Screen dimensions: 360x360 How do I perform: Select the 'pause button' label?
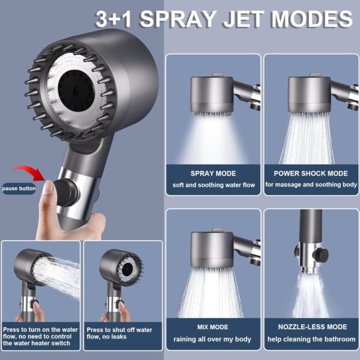click(x=19, y=188)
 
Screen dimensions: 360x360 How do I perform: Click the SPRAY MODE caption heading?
click(x=213, y=173)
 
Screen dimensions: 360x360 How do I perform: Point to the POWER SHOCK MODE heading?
click(x=310, y=173)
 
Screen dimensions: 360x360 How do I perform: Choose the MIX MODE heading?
click(x=213, y=327)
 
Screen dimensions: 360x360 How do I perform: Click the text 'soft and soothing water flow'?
click(x=213, y=185)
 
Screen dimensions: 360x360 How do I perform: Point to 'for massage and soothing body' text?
click(x=310, y=185)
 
